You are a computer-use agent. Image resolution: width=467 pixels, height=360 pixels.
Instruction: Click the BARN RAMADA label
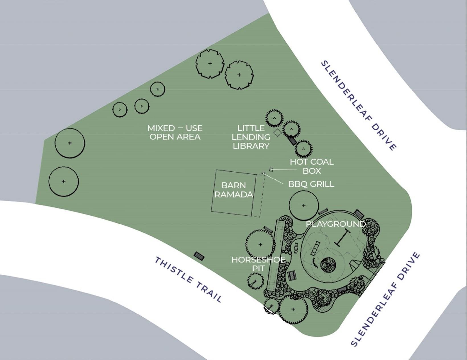click(x=233, y=190)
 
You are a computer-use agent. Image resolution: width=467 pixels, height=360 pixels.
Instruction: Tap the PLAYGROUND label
click(x=335, y=224)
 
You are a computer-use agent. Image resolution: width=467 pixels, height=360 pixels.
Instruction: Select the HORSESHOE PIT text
click(x=258, y=264)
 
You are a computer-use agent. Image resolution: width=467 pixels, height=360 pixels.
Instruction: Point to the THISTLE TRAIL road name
click(x=188, y=279)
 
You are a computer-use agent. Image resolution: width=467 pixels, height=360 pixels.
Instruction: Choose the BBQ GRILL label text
click(x=311, y=184)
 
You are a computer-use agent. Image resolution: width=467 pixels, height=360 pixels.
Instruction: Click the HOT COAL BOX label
click(x=312, y=166)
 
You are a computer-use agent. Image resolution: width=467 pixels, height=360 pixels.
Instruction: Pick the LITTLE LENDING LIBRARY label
click(x=251, y=137)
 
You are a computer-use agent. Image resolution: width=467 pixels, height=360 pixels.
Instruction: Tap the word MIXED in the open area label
click(x=161, y=128)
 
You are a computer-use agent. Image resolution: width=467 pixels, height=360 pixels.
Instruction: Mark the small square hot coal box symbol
click(x=271, y=169)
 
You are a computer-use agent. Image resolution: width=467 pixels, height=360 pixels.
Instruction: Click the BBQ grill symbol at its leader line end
click(x=263, y=173)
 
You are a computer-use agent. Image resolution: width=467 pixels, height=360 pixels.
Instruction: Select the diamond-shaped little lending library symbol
click(x=277, y=133)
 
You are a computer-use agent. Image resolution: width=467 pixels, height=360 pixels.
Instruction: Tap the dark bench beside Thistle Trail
click(x=199, y=255)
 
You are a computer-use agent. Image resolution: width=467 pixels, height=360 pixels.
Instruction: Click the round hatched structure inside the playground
click(x=328, y=265)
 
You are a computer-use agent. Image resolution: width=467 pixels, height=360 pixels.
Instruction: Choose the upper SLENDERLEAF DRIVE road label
click(x=359, y=105)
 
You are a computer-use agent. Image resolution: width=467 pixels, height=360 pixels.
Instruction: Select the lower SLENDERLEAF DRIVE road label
click(x=385, y=299)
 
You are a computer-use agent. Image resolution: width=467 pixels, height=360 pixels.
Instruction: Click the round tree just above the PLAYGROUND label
click(x=304, y=205)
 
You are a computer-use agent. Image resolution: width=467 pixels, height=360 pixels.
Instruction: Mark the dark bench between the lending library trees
click(x=292, y=140)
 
